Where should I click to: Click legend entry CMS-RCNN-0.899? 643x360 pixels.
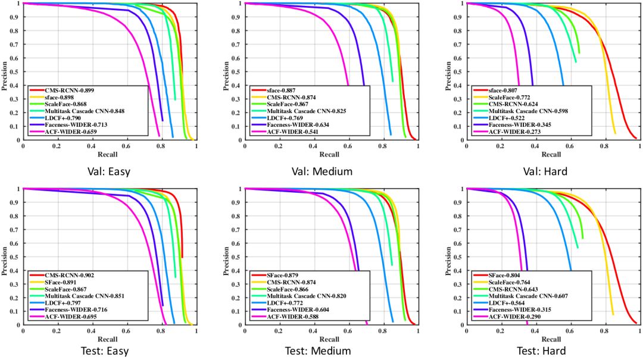(x=70, y=89)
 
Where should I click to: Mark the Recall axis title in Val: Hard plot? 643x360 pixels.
(x=551, y=154)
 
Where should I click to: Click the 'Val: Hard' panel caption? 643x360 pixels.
(x=541, y=171)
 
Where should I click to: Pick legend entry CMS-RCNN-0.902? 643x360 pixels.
(x=70, y=276)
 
